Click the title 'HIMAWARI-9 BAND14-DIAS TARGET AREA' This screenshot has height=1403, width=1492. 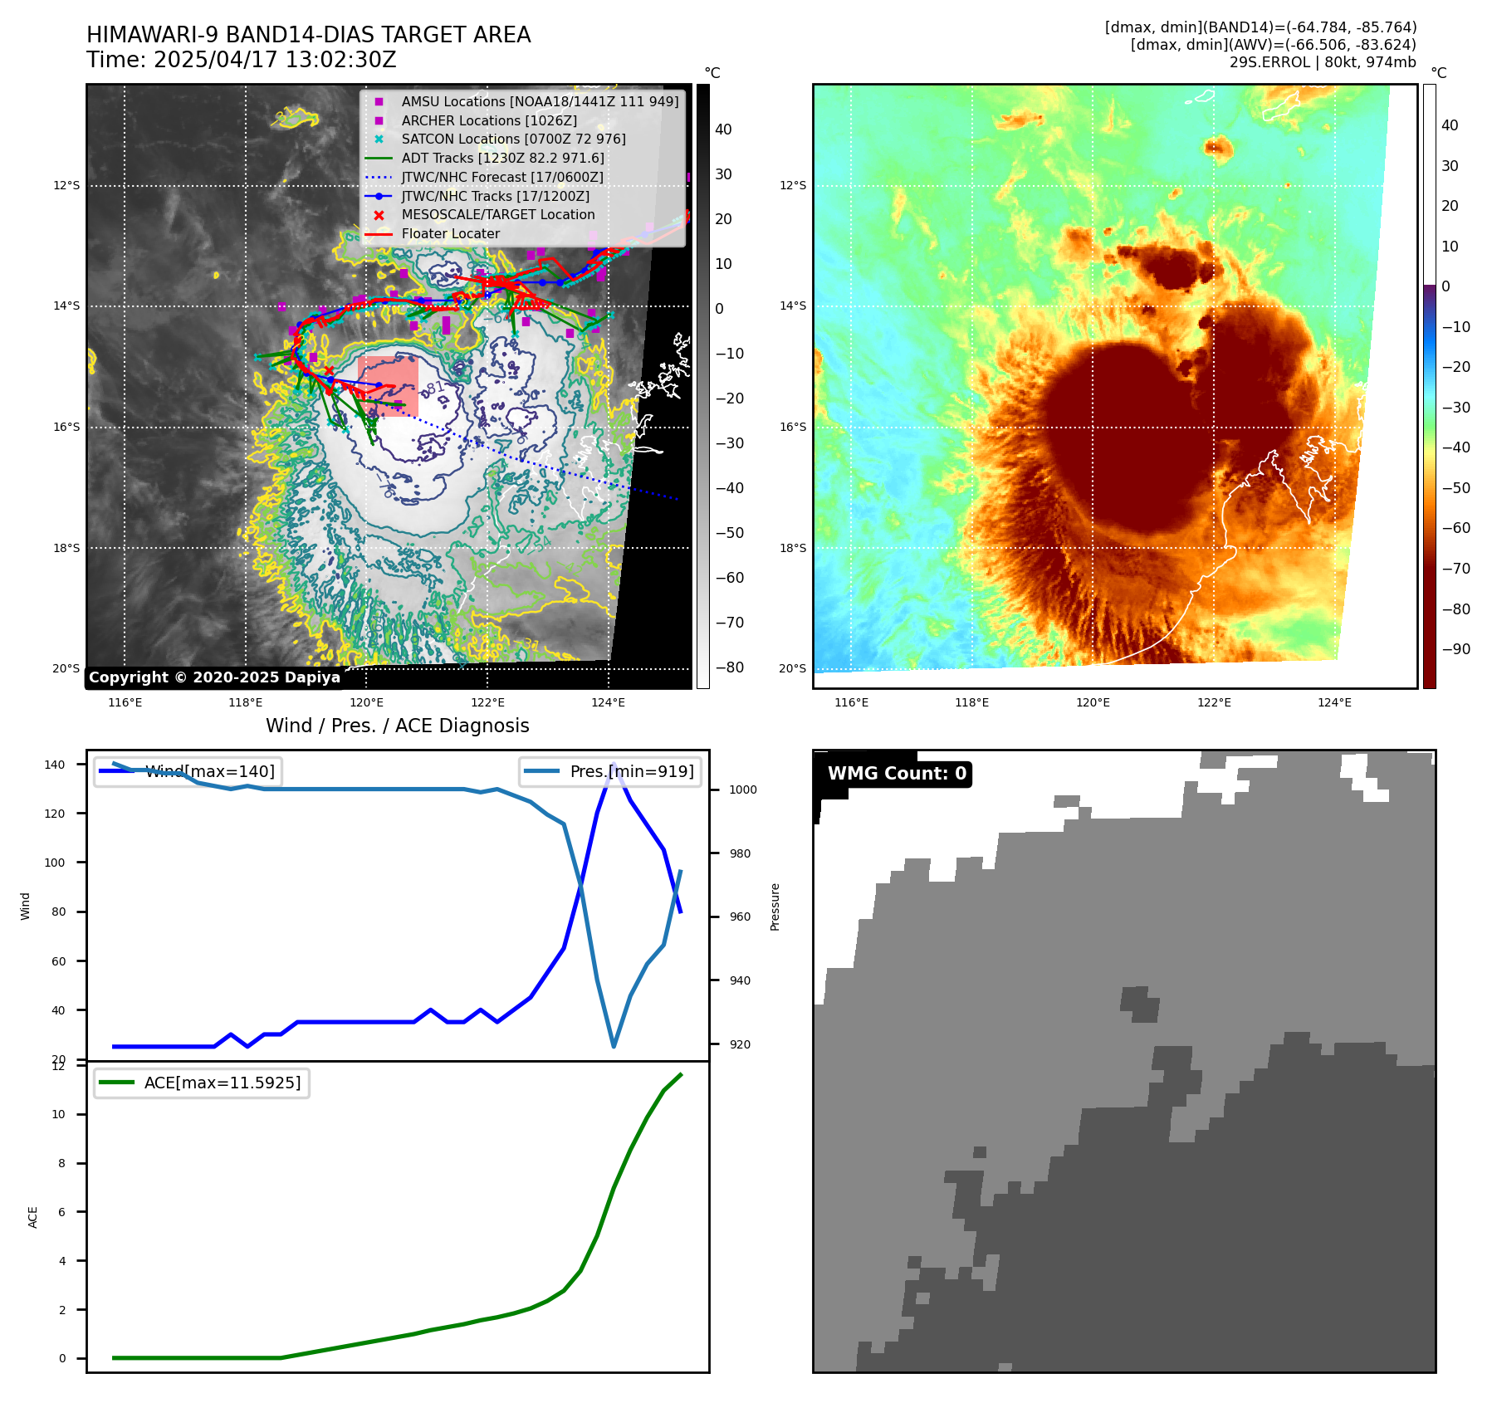(x=308, y=36)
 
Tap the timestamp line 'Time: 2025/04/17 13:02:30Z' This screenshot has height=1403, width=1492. (x=241, y=61)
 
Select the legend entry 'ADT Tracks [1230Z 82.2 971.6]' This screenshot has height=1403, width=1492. (x=501, y=158)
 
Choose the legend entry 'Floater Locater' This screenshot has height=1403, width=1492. (x=450, y=234)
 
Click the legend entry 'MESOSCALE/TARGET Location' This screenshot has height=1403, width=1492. (x=497, y=215)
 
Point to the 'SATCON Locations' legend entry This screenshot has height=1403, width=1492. (x=513, y=139)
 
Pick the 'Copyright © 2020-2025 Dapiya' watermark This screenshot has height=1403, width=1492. (x=214, y=677)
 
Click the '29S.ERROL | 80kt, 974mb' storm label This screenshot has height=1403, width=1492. (x=1322, y=62)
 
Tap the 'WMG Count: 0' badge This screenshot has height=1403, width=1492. (x=897, y=774)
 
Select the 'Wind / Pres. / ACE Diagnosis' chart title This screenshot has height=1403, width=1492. (x=397, y=726)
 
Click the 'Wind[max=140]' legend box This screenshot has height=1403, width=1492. (x=188, y=771)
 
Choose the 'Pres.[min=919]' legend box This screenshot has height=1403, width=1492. (x=610, y=771)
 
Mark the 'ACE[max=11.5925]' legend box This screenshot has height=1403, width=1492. (x=202, y=1083)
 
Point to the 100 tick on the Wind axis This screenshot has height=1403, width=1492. (x=55, y=863)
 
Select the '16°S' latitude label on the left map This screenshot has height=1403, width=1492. (x=66, y=427)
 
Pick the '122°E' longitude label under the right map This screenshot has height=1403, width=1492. (x=1213, y=702)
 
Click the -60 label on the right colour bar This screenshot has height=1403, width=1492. (x=1455, y=528)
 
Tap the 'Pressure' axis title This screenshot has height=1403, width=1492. (x=775, y=907)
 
